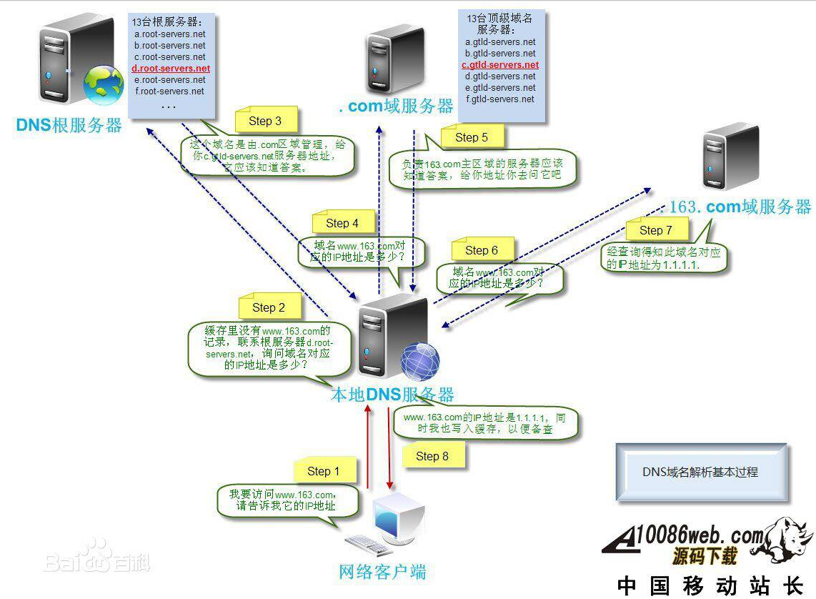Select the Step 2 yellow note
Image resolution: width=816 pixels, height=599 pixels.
(269, 307)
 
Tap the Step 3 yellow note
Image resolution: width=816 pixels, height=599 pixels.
(265, 121)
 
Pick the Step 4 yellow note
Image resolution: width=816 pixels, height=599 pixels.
(342, 223)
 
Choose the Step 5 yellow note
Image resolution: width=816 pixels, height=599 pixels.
(472, 137)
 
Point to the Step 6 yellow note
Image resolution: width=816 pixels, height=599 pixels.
(482, 250)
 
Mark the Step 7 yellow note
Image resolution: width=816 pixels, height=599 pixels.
(656, 229)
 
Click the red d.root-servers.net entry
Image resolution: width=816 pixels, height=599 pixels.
(169, 68)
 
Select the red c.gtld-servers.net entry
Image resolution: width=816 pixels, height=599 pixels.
(500, 64)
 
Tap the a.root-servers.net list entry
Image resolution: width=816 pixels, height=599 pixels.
(169, 34)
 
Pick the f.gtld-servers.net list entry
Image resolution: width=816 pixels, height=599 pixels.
(500, 99)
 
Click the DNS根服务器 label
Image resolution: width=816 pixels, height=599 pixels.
(69, 125)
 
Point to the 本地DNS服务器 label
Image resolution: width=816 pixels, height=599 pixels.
(392, 394)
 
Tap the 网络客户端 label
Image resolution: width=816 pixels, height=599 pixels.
(382, 571)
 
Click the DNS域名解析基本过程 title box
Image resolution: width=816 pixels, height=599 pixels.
(700, 472)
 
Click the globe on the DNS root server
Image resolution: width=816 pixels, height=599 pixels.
(104, 86)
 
